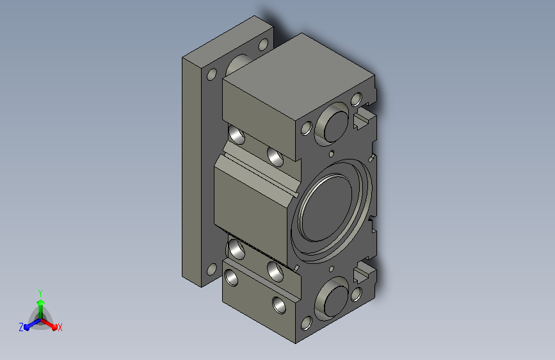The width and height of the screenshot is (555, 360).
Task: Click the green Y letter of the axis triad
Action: pyautogui.click(x=40, y=293)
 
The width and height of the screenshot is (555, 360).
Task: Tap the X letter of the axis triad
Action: pyautogui.click(x=60, y=327)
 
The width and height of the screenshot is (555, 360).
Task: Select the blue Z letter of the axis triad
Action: pyautogui.click(x=21, y=327)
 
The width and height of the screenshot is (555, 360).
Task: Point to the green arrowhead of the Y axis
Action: pyautogui.click(x=41, y=302)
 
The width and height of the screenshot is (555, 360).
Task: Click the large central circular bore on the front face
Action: pyautogui.click(x=332, y=211)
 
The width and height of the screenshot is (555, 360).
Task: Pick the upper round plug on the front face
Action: pyautogui.click(x=334, y=124)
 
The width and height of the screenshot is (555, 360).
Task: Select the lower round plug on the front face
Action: pyautogui.click(x=334, y=299)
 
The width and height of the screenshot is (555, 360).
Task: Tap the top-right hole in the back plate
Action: pyautogui.click(x=263, y=45)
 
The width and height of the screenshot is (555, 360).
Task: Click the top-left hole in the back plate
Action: pyautogui.click(x=212, y=75)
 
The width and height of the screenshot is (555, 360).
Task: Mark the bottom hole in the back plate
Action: pyautogui.click(x=212, y=270)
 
